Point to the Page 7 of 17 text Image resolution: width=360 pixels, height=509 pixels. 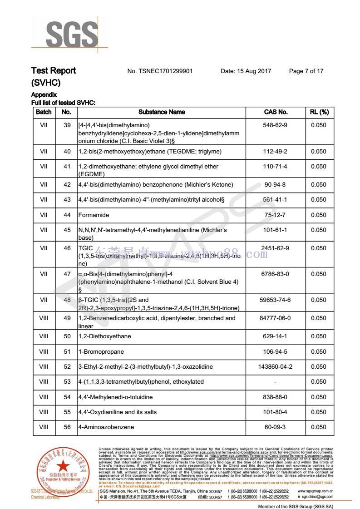(x=306, y=71)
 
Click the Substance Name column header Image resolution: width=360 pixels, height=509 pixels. (x=162, y=112)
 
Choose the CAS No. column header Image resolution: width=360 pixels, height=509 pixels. (x=276, y=112)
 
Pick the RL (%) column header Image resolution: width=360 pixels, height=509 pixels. (x=319, y=112)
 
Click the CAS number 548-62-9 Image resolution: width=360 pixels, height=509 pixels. (x=276, y=125)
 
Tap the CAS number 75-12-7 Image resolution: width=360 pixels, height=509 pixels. (x=276, y=215)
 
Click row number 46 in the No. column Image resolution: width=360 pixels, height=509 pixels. (x=67, y=248)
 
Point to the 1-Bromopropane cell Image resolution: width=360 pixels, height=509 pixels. (x=101, y=352)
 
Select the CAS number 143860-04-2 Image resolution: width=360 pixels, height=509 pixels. (x=276, y=367)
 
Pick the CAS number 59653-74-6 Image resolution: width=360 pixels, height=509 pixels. (x=276, y=300)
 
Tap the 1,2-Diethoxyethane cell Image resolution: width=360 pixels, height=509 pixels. (x=104, y=337)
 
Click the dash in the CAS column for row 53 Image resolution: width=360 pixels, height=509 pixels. (x=276, y=382)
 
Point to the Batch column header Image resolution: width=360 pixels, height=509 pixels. (x=44, y=112)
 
